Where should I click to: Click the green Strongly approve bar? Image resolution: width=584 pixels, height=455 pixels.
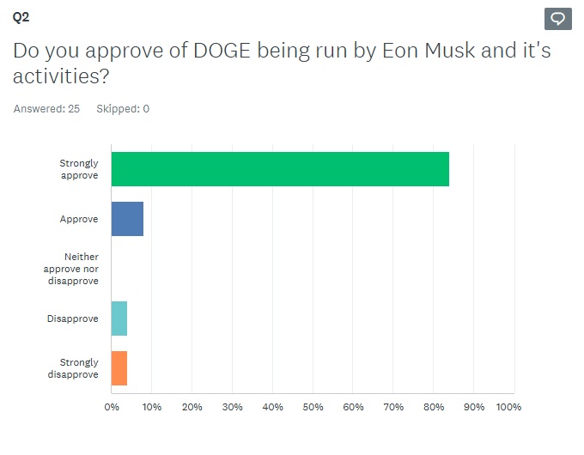pyautogui.click(x=280, y=169)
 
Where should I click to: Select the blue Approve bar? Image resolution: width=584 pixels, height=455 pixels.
pyautogui.click(x=127, y=219)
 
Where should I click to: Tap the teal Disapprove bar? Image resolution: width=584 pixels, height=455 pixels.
pyautogui.click(x=119, y=318)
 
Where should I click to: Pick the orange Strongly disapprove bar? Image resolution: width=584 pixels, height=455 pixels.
pyautogui.click(x=119, y=368)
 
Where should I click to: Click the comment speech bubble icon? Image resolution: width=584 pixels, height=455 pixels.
pyautogui.click(x=557, y=19)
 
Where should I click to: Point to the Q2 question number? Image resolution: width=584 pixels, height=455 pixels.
pyautogui.click(x=21, y=16)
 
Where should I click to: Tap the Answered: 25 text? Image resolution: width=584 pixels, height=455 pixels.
pyautogui.click(x=46, y=109)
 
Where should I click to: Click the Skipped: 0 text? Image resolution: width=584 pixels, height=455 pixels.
pyautogui.click(x=123, y=109)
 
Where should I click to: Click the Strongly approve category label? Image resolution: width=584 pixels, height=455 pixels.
pyautogui.click(x=79, y=169)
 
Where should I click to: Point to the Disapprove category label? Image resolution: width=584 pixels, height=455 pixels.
pyautogui.click(x=73, y=318)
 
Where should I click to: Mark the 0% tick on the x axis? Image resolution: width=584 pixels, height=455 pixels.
pyautogui.click(x=112, y=407)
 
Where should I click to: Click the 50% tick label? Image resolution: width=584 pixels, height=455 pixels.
pyautogui.click(x=313, y=407)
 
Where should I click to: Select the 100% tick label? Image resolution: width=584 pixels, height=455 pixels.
pyautogui.click(x=508, y=407)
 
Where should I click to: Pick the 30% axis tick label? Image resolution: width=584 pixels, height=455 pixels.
pyautogui.click(x=233, y=407)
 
